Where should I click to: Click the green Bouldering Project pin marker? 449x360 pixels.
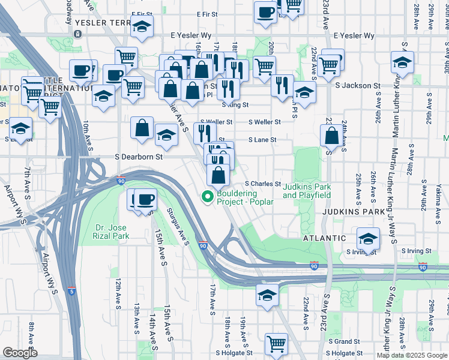click(208, 196)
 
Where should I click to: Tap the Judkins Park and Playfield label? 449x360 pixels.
click(307, 191)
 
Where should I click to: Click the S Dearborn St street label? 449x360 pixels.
click(139, 157)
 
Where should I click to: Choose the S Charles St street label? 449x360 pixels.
click(262, 184)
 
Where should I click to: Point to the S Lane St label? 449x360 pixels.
click(263, 140)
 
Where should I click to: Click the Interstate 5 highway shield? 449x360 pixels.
click(71, 292)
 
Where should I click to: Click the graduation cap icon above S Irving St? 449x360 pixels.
click(368, 238)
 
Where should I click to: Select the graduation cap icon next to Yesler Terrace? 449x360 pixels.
click(142, 26)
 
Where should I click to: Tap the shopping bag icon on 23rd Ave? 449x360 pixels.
click(331, 136)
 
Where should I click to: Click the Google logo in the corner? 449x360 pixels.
click(20, 353)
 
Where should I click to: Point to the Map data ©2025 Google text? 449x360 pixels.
click(412, 355)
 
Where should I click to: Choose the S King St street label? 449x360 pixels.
click(235, 104)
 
